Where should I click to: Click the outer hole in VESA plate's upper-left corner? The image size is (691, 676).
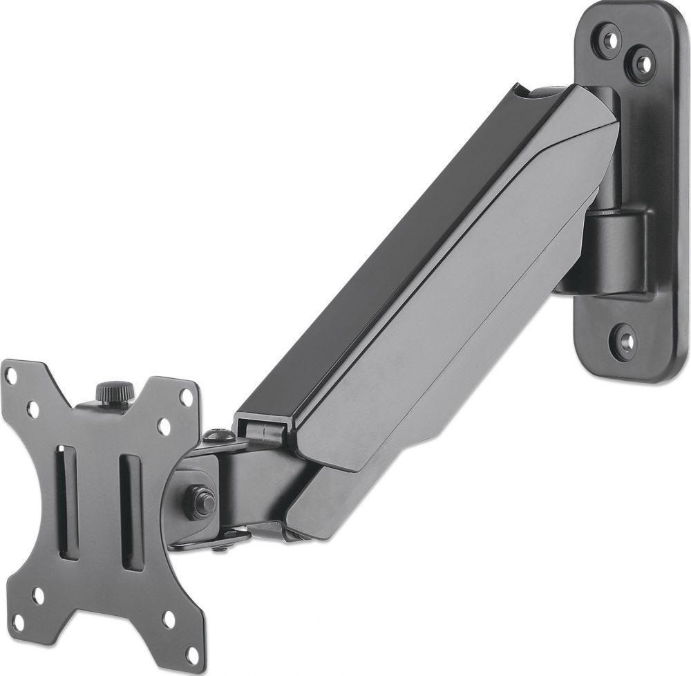[11, 376]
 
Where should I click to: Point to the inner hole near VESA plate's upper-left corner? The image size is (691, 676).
[32, 410]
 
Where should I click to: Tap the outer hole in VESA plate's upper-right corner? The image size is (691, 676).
[186, 397]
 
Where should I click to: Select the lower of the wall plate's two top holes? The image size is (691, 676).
[642, 64]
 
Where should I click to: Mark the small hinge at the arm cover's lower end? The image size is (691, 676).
[263, 430]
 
